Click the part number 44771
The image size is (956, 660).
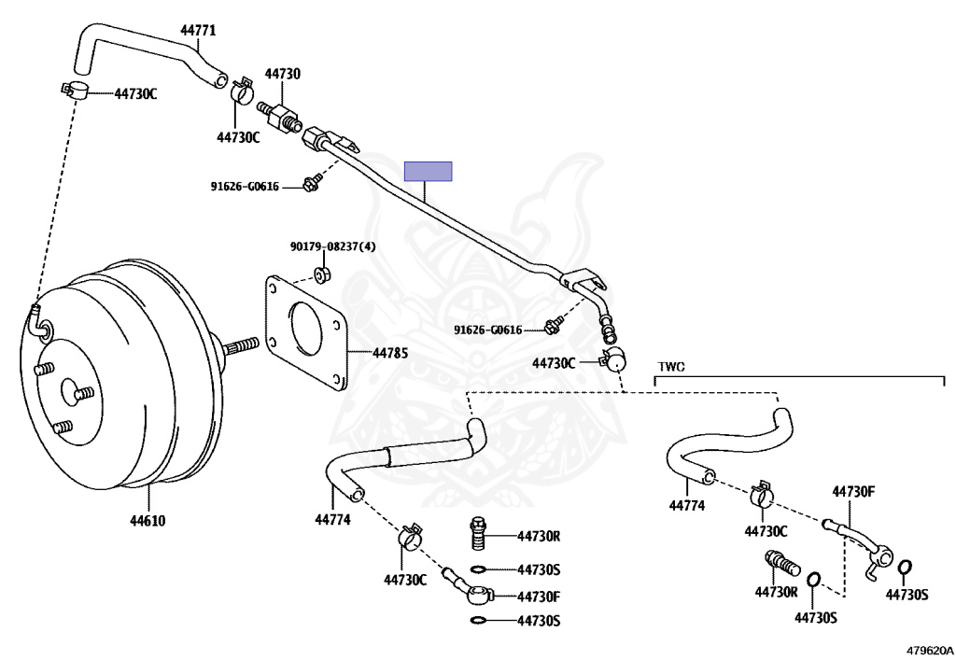pos(198,30)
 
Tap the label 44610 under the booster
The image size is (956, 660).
pos(148,520)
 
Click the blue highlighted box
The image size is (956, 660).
pos(428,171)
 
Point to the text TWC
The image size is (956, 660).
pos(671,367)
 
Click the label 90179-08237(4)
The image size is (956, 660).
pos(332,246)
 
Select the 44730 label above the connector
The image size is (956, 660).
pos(282,73)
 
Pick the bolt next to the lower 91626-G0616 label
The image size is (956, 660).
pos(554,326)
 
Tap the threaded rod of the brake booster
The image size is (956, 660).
pos(241,348)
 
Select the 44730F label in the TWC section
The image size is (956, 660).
pos(852,491)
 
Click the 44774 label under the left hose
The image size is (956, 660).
pos(332,520)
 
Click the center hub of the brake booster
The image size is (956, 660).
pos(70,388)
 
